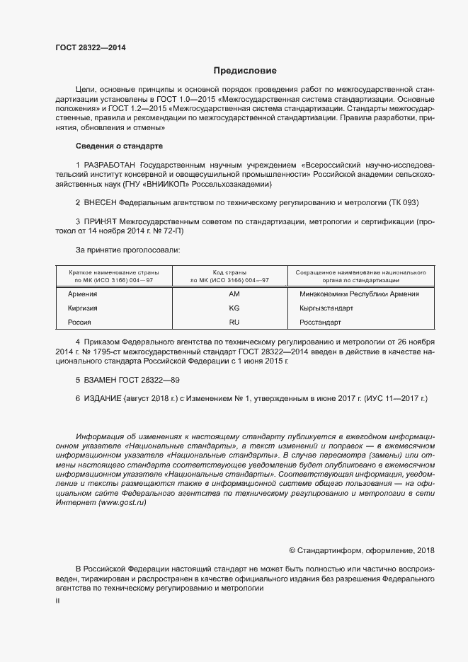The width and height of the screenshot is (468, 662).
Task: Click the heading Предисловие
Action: click(x=245, y=71)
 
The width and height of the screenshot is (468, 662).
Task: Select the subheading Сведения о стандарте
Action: click(x=119, y=146)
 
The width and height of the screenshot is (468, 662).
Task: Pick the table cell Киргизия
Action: click(x=82, y=308)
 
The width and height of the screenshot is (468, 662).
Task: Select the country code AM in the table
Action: click(x=234, y=293)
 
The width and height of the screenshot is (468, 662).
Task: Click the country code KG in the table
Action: click(x=234, y=308)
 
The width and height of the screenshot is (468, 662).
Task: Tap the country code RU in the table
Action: click(x=234, y=323)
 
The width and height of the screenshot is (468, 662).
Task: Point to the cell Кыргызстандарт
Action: click(x=326, y=308)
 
